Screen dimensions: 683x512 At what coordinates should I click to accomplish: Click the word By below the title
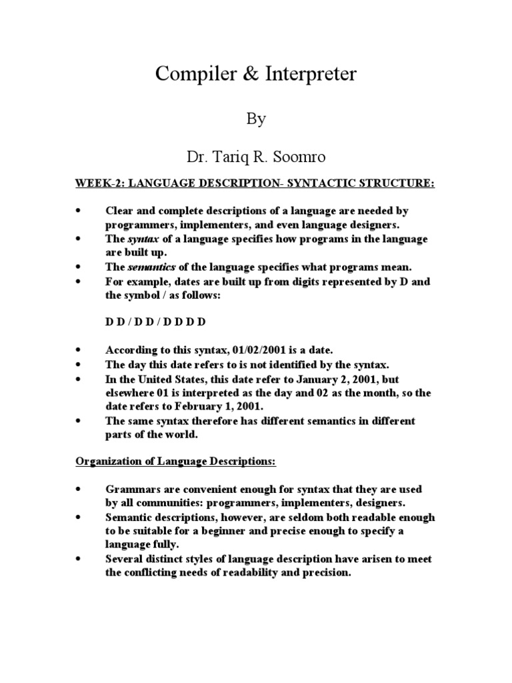tap(257, 119)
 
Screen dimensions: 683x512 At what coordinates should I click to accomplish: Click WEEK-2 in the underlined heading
tap(96, 183)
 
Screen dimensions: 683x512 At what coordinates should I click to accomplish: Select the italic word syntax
tap(141, 239)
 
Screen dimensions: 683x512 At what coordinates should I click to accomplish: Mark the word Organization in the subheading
tap(107, 462)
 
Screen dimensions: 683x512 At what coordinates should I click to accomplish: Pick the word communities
tap(155, 503)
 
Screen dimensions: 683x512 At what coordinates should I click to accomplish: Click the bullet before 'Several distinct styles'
tap(79, 559)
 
